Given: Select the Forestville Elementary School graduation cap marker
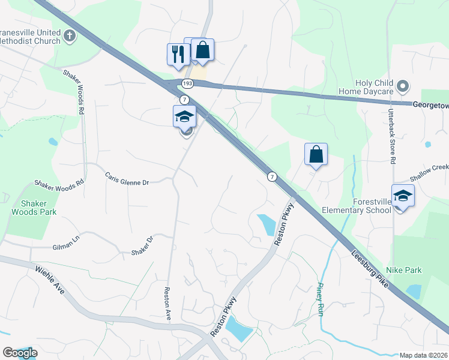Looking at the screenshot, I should tap(403, 196).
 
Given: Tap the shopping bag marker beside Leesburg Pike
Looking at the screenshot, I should tap(316, 155).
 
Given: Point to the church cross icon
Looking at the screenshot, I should tap(70, 36).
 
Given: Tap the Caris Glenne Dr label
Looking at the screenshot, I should tap(126, 179).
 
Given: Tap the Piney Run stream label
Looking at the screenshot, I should tap(321, 300).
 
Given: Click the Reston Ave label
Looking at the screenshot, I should tap(167, 304).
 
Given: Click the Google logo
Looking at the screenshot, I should tap(20, 353).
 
